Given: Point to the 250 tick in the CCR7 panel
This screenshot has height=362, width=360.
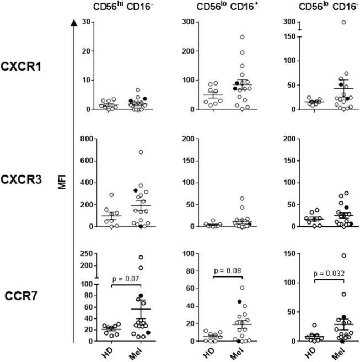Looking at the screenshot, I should point(85,253).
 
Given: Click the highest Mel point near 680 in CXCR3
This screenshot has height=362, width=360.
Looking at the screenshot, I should point(141,152).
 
